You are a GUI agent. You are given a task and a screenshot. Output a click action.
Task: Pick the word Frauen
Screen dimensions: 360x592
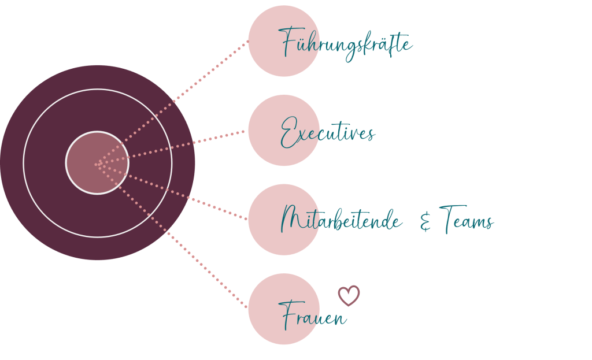click(x=313, y=316)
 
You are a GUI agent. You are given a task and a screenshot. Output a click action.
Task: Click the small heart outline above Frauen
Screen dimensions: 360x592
click(x=349, y=295)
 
